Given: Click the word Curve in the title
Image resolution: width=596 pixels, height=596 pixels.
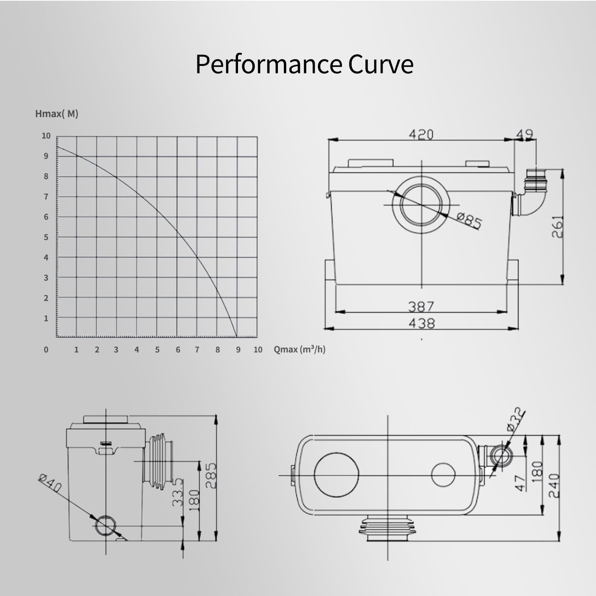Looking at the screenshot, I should pos(381,64).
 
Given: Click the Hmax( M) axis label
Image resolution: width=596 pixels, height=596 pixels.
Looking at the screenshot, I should pos(57,114).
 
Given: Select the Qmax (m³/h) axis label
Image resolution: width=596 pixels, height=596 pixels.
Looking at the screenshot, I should pos(299,349).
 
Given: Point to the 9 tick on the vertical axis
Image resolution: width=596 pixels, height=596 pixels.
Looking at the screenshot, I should pos(46,156).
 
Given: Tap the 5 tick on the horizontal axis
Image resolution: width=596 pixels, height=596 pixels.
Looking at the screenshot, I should pos(157,350).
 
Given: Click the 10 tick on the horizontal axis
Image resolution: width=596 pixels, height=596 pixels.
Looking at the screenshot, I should pos(258,350).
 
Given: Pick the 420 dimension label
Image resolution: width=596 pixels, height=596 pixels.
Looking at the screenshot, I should pos(421,134).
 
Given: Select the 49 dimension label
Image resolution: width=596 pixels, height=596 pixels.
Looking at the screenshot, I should pos(525,134).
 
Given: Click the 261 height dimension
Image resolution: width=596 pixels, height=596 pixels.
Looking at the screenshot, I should pos(557,227).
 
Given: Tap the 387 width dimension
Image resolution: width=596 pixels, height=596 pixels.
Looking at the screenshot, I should pos(421,307).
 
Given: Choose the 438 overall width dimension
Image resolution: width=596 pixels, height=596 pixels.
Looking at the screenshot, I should pos(421,323).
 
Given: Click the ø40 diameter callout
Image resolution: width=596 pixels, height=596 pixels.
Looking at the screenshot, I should pos(50,483).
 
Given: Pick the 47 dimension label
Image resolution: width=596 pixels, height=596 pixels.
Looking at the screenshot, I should pos(521,483).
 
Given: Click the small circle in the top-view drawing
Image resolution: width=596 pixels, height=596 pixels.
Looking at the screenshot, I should pos(443,475).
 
